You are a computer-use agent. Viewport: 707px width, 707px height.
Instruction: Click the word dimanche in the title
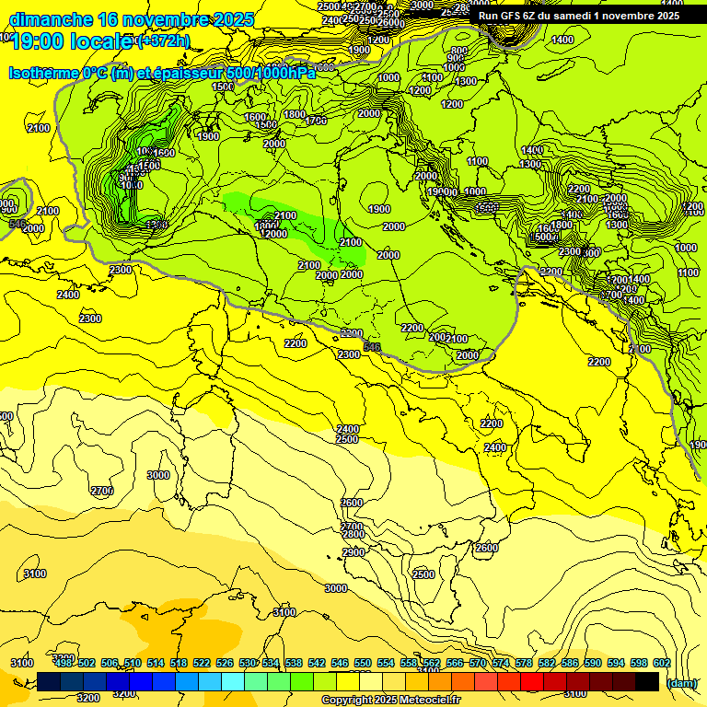51,19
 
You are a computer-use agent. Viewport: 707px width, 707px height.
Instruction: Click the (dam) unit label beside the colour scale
681,683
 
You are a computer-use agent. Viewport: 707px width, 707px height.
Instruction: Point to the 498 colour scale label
64,664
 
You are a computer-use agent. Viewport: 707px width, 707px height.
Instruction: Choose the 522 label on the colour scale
202,664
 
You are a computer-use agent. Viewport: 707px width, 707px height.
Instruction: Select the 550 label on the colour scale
363,664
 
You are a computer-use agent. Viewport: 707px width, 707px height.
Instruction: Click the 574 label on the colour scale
501,664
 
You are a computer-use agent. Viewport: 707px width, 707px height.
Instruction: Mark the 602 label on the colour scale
661,664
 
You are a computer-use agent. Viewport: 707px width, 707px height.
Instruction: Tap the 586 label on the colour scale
570,664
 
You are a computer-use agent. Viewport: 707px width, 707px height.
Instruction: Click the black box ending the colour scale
647,681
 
